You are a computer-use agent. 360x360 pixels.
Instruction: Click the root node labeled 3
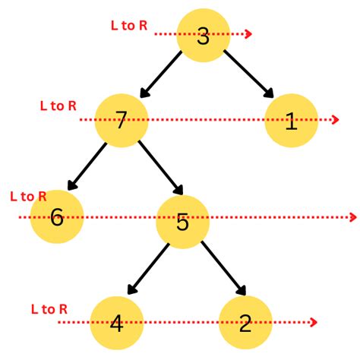pyautogui.click(x=203, y=36)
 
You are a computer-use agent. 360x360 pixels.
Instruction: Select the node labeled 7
pyautogui.click(x=122, y=121)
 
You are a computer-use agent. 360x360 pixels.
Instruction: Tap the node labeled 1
pyautogui.click(x=291, y=121)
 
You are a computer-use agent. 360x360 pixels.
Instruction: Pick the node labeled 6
pyautogui.click(x=57, y=216)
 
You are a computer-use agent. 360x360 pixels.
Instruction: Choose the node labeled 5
pyautogui.click(x=182, y=222)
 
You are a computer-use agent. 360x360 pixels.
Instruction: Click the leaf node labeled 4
pyautogui.click(x=117, y=323)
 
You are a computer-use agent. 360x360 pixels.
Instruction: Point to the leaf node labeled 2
pyautogui.click(x=245, y=323)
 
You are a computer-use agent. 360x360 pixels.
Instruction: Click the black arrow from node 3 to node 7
pyautogui.click(x=160, y=74)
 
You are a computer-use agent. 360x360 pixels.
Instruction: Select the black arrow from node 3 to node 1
pyautogui.click(x=248, y=74)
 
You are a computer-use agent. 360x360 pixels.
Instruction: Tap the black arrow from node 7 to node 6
pyautogui.click(x=87, y=166)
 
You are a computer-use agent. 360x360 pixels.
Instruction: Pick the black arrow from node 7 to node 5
pyautogui.click(x=161, y=168)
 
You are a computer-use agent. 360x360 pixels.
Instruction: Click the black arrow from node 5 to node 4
pyautogui.click(x=148, y=269)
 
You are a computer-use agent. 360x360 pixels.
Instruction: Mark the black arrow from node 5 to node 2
pyautogui.click(x=223, y=268)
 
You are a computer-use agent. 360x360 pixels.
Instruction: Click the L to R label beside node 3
pyautogui.click(x=129, y=26)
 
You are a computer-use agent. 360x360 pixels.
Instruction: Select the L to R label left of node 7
pyautogui.click(x=58, y=106)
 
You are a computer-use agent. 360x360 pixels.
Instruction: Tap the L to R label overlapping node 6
pyautogui.click(x=28, y=197)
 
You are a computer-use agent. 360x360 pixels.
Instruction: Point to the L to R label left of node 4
pyautogui.click(x=49, y=309)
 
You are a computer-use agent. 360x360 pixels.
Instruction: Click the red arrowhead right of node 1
pyautogui.click(x=336, y=119)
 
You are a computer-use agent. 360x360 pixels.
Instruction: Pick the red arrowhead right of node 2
pyautogui.click(x=314, y=322)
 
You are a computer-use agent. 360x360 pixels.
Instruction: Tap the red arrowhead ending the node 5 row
pyautogui.click(x=353, y=217)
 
